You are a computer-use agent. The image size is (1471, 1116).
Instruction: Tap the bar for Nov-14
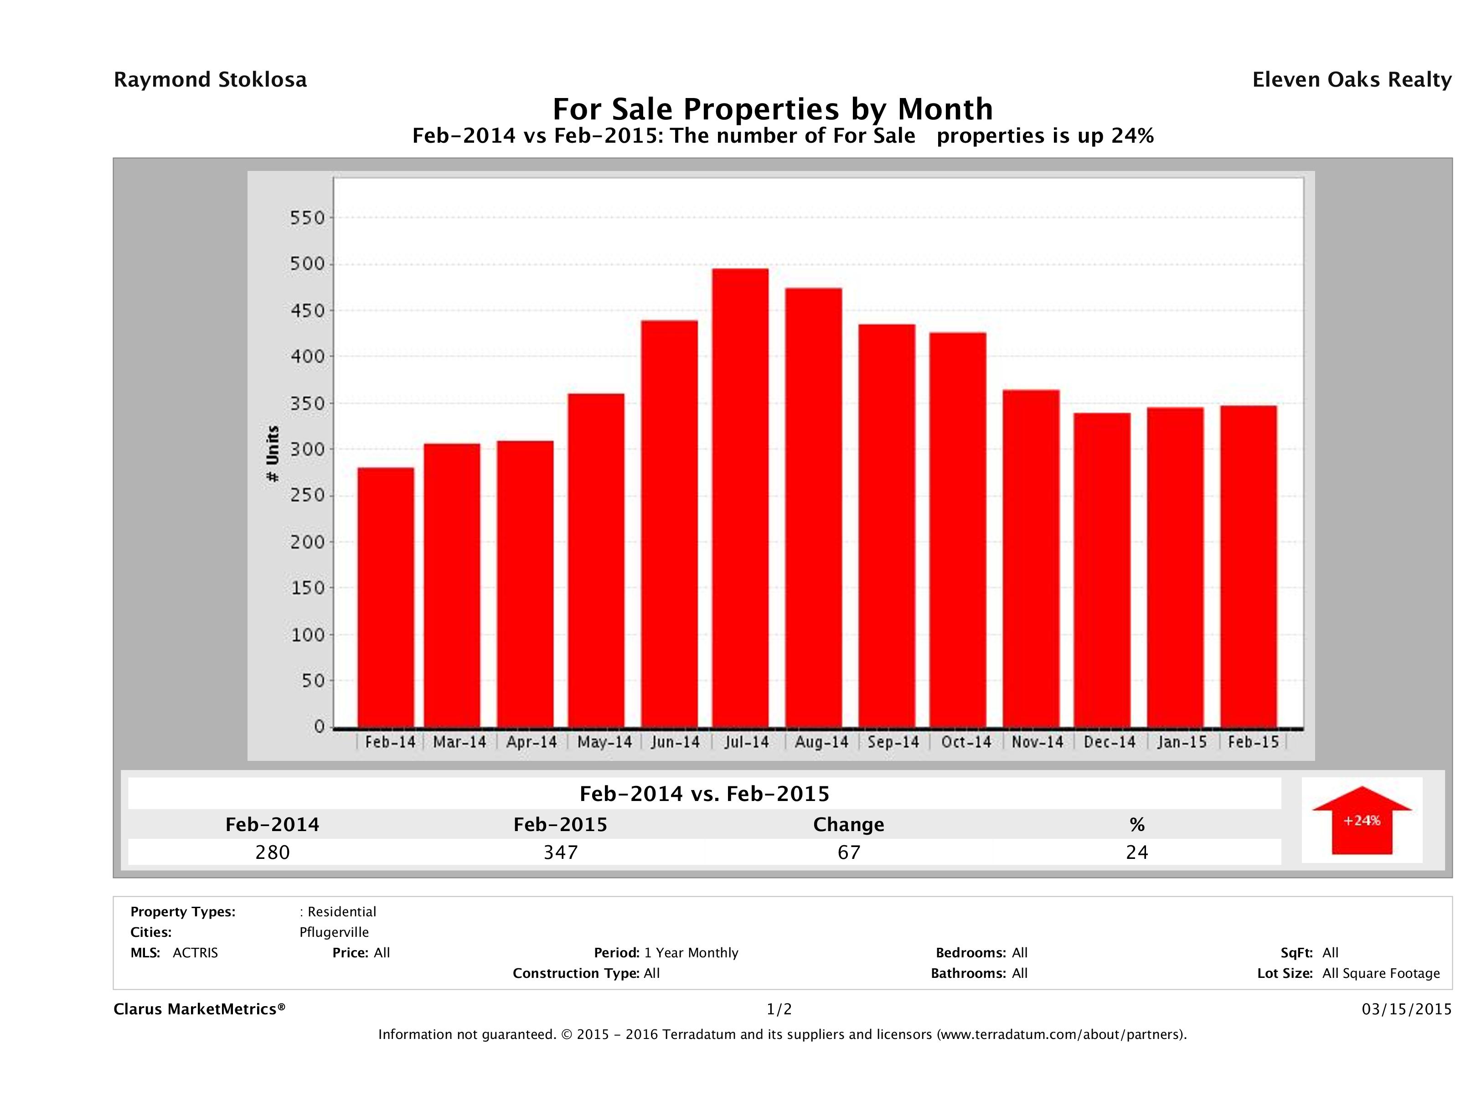pos(1031,558)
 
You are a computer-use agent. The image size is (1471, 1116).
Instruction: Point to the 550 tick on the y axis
pos(307,218)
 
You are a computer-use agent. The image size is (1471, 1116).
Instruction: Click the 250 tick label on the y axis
pos(307,496)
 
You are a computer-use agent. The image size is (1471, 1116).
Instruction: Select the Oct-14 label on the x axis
pos(965,742)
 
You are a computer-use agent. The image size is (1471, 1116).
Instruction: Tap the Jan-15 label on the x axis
pos(1182,742)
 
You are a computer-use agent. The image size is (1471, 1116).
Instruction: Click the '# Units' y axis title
pos(273,454)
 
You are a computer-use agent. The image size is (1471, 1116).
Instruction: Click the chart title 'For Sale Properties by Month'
pos(773,109)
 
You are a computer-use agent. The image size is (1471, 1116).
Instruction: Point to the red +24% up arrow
pos(1361,820)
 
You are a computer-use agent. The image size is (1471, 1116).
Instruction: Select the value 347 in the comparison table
pos(561,852)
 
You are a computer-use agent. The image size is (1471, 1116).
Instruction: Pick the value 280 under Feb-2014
pos(273,852)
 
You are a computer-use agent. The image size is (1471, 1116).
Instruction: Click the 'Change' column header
pos(849,825)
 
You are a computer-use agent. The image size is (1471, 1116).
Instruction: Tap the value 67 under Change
pos(849,852)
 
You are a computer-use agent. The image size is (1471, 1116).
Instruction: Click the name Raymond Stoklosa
pos(210,80)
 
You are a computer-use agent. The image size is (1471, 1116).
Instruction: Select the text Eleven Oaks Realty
pos(1351,80)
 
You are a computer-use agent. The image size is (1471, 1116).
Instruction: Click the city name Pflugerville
pos(334,932)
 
